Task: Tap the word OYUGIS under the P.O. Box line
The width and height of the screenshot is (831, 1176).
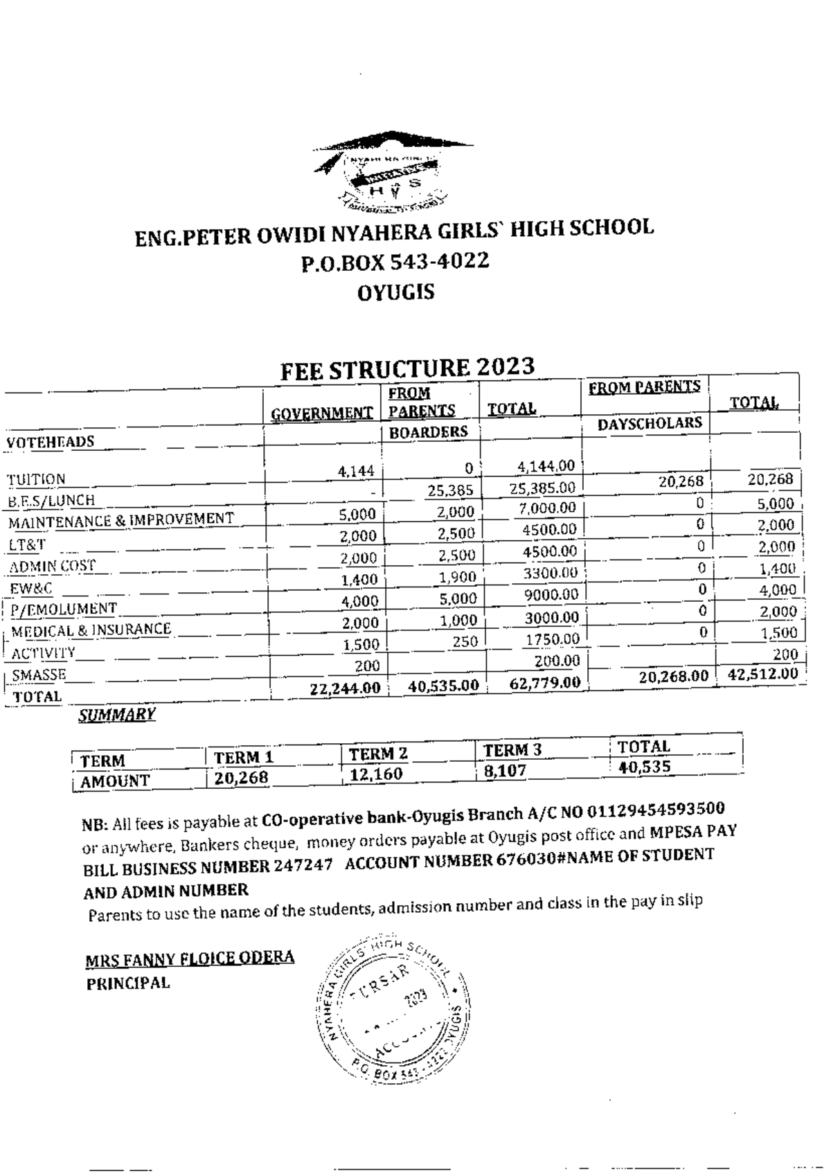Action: [x=396, y=292]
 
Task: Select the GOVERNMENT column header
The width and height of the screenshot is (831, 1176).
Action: [x=321, y=414]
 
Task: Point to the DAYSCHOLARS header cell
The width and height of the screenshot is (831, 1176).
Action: [x=650, y=423]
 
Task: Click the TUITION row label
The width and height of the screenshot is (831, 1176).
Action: [x=36, y=479]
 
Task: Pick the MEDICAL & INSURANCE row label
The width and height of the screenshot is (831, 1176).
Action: [x=91, y=630]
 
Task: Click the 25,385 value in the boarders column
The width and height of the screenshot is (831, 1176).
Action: [x=450, y=491]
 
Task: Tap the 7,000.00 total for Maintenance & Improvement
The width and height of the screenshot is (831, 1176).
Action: [x=547, y=508]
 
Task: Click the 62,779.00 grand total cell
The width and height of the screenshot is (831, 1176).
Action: [x=545, y=683]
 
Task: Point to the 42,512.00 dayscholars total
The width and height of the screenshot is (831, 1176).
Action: [x=762, y=674]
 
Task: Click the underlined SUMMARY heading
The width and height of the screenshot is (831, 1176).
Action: [x=116, y=715]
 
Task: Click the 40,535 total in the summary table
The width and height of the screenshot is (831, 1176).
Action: [x=644, y=767]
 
